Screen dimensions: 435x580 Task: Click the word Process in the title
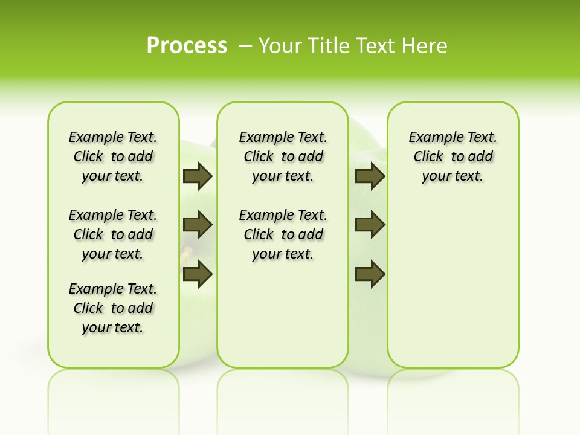tap(187, 46)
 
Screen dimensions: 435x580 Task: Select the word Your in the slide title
tap(281, 46)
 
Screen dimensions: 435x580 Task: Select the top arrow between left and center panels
tap(198, 176)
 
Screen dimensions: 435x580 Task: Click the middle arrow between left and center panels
tap(198, 225)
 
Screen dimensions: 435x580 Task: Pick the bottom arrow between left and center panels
tap(198, 274)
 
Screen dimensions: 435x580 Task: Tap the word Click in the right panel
tap(428, 157)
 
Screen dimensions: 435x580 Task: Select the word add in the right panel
tap(480, 157)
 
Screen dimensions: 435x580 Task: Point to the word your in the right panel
tap(436, 176)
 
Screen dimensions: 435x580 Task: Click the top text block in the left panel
tap(113, 156)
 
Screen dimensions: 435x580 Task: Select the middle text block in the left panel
tap(113, 234)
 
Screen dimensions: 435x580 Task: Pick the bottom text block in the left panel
tap(113, 308)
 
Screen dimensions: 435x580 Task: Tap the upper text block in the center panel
tap(283, 156)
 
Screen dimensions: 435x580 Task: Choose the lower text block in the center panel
tap(283, 234)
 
